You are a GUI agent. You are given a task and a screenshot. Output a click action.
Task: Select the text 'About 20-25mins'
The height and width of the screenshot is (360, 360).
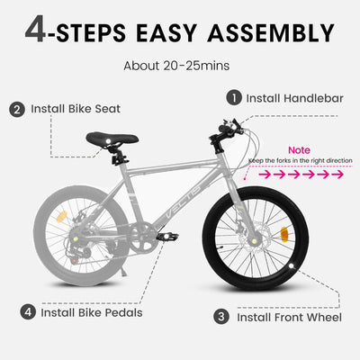[x=180, y=66]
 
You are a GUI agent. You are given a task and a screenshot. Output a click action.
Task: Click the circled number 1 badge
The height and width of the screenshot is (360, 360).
[x=233, y=97]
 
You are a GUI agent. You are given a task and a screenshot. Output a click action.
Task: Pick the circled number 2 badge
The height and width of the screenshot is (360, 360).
[x=17, y=109]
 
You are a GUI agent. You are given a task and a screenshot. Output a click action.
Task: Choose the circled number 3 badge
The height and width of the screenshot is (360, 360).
[x=220, y=317]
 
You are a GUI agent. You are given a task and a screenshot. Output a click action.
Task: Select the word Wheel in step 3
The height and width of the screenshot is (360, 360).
[x=321, y=317]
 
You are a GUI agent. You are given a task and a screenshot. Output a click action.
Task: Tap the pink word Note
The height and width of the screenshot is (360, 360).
[x=299, y=149]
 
